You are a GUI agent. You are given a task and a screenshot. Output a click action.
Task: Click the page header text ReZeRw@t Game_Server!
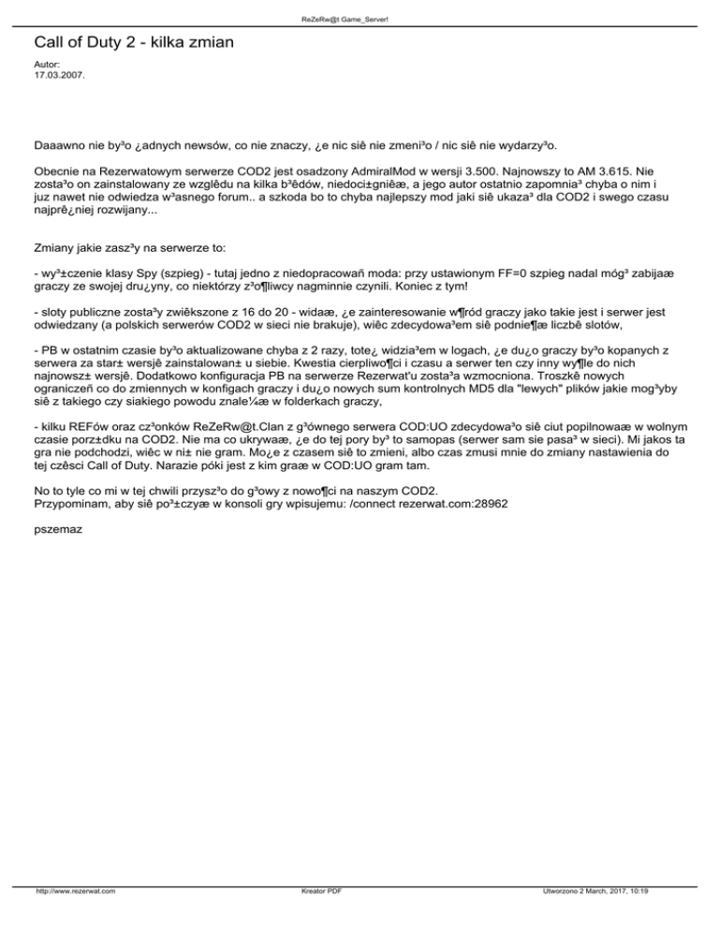(x=359, y=19)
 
